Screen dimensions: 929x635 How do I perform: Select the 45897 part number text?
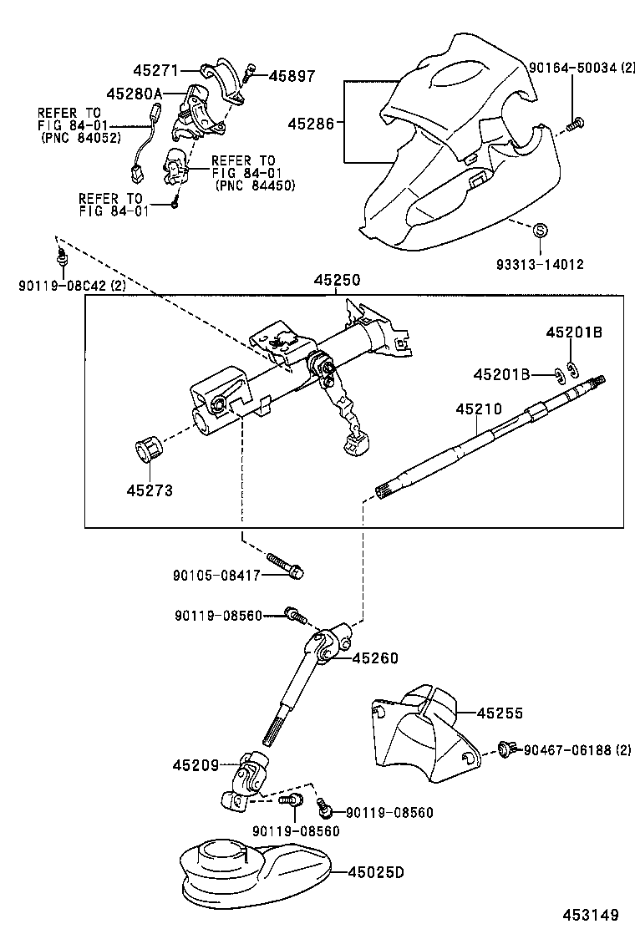[292, 76]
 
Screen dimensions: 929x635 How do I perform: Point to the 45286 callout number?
[311, 124]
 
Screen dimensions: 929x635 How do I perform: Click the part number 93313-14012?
[541, 265]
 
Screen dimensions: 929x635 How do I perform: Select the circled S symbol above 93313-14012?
[540, 229]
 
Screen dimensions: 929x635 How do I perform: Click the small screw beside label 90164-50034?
[574, 124]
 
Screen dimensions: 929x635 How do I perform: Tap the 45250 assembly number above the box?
[338, 282]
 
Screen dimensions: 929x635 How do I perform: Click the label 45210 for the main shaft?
[479, 409]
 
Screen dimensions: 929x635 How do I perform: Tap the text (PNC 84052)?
[79, 138]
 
